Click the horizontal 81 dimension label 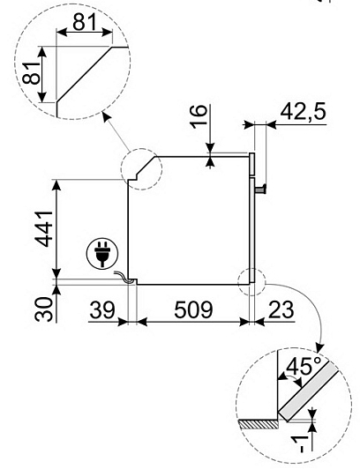click(85, 22)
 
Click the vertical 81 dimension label click(31, 72)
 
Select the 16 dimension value click(199, 116)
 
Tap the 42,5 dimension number click(303, 112)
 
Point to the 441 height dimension click(44, 229)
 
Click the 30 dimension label click(43, 309)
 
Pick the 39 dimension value click(102, 310)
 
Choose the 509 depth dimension click(193, 310)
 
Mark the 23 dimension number click(281, 310)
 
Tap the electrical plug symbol click(102, 254)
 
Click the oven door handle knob click(260, 190)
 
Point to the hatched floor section click(259, 424)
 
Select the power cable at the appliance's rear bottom click(124, 278)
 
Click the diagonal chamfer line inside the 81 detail click(85, 74)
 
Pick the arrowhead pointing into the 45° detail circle click(319, 348)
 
